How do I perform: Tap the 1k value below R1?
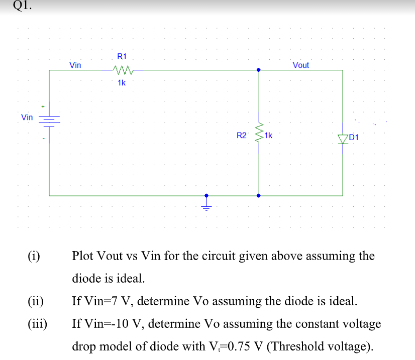[x=122, y=83]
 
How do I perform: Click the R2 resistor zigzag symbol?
[x=259, y=133]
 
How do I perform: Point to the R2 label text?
[x=242, y=136]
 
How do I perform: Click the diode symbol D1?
[x=343, y=139]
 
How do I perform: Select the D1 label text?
[x=354, y=137]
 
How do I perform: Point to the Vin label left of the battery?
[x=27, y=117]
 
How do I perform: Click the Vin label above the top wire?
[x=75, y=65]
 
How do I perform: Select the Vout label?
[x=300, y=65]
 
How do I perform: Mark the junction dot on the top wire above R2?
[x=259, y=70]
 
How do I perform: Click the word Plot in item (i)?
[x=84, y=256]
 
